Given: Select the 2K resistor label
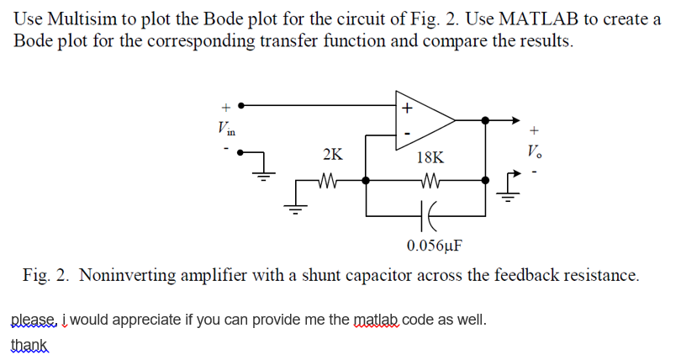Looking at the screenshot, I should pyautogui.click(x=332, y=155).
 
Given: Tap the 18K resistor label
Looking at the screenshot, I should pyautogui.click(x=430, y=157).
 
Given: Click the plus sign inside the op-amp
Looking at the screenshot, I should pyautogui.click(x=407, y=108).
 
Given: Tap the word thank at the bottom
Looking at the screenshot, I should pyautogui.click(x=28, y=345).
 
